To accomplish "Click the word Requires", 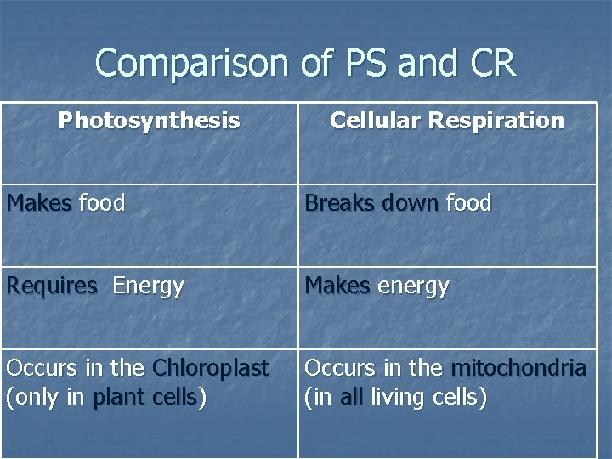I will pos(52,286).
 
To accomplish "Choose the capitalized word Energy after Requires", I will pos(148,287).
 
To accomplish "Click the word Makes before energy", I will pos(337,286).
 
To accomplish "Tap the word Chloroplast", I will pos(210,368).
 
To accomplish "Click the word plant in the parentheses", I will pos(118,397).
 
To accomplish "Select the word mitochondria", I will pos(518,368).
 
